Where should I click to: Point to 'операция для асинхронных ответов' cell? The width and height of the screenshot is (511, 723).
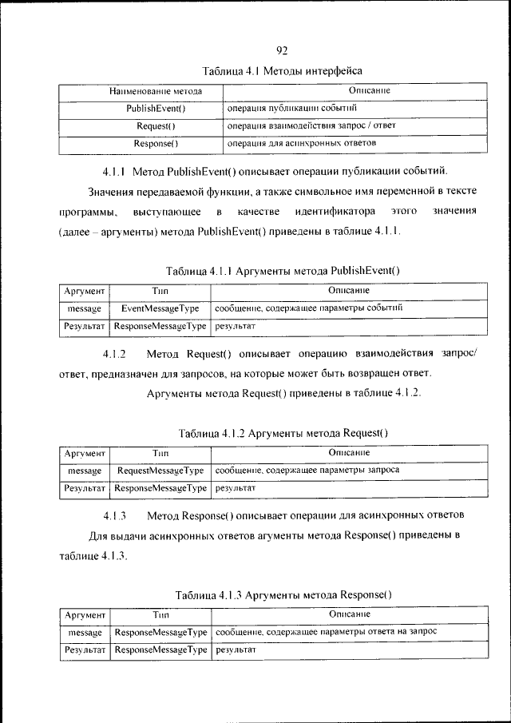[x=301, y=144]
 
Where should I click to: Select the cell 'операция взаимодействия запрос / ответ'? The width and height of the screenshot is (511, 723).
[x=311, y=126]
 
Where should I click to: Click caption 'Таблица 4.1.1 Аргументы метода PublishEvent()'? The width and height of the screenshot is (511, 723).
[x=283, y=271]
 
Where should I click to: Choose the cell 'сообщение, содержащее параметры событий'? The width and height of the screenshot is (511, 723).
[x=307, y=308]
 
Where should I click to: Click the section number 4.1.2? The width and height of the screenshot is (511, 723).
[x=114, y=354]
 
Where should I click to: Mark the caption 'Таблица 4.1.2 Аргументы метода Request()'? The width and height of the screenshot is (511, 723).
[x=283, y=434]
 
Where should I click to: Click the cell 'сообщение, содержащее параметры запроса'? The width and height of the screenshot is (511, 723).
[x=307, y=471]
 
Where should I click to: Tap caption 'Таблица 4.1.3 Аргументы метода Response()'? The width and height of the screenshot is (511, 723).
[x=283, y=595]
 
